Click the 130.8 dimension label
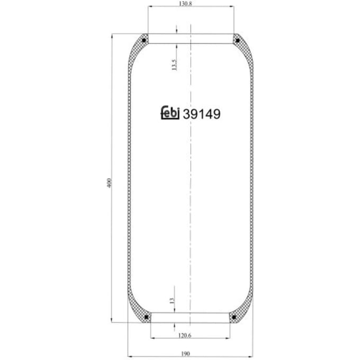(185, 4)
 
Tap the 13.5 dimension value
(175, 65)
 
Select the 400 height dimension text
(109, 183)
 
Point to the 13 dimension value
(172, 301)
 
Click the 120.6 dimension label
(185, 336)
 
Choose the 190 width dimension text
(185, 354)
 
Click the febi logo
(170, 112)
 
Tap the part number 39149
(202, 114)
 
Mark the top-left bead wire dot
(144, 41)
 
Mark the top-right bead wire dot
(238, 41)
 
